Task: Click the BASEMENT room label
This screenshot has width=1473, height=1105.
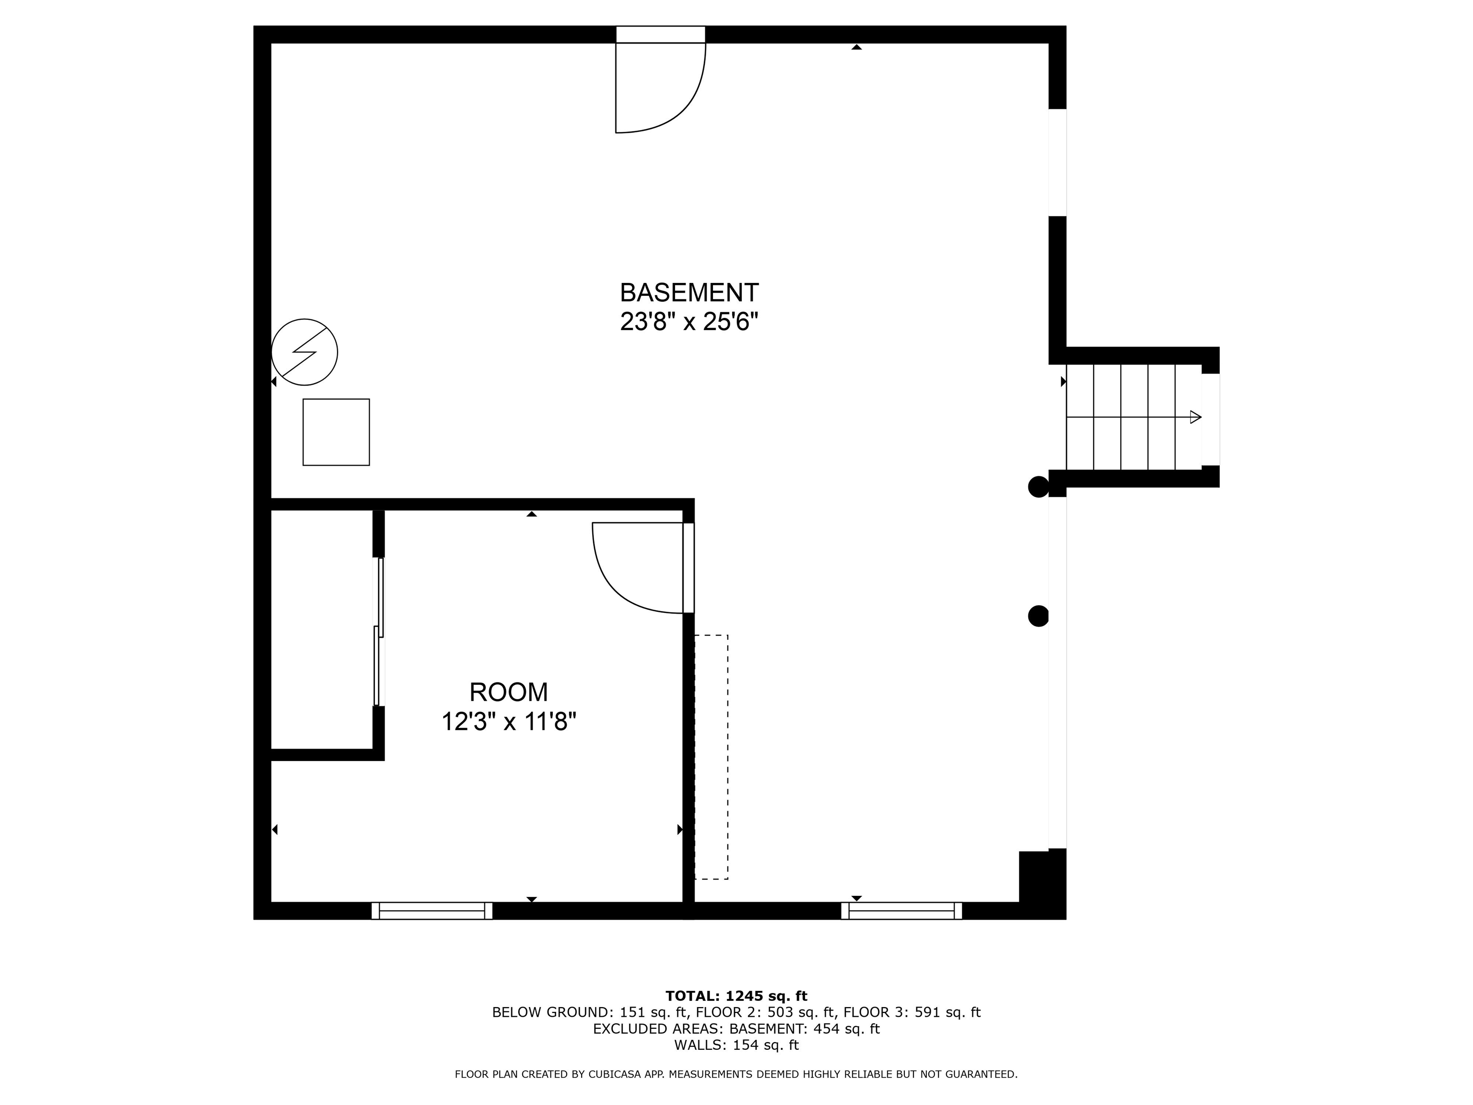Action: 689,293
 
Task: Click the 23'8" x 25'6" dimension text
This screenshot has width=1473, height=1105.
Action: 689,322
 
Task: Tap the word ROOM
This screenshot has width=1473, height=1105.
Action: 508,692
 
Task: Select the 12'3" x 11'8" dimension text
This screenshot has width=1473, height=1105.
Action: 508,721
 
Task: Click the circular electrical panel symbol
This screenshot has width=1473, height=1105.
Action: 304,352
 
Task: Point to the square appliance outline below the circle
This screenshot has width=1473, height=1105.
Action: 336,432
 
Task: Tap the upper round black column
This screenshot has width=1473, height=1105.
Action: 1038,487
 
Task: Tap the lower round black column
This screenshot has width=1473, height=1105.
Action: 1038,616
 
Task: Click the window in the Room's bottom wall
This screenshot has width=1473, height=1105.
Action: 432,910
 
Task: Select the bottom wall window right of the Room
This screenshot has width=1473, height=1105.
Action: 901,910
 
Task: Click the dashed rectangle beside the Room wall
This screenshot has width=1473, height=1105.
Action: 711,757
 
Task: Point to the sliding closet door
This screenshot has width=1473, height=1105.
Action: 379,632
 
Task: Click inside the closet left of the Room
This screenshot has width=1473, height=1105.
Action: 321,629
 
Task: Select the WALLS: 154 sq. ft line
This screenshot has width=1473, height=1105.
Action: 736,1045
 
